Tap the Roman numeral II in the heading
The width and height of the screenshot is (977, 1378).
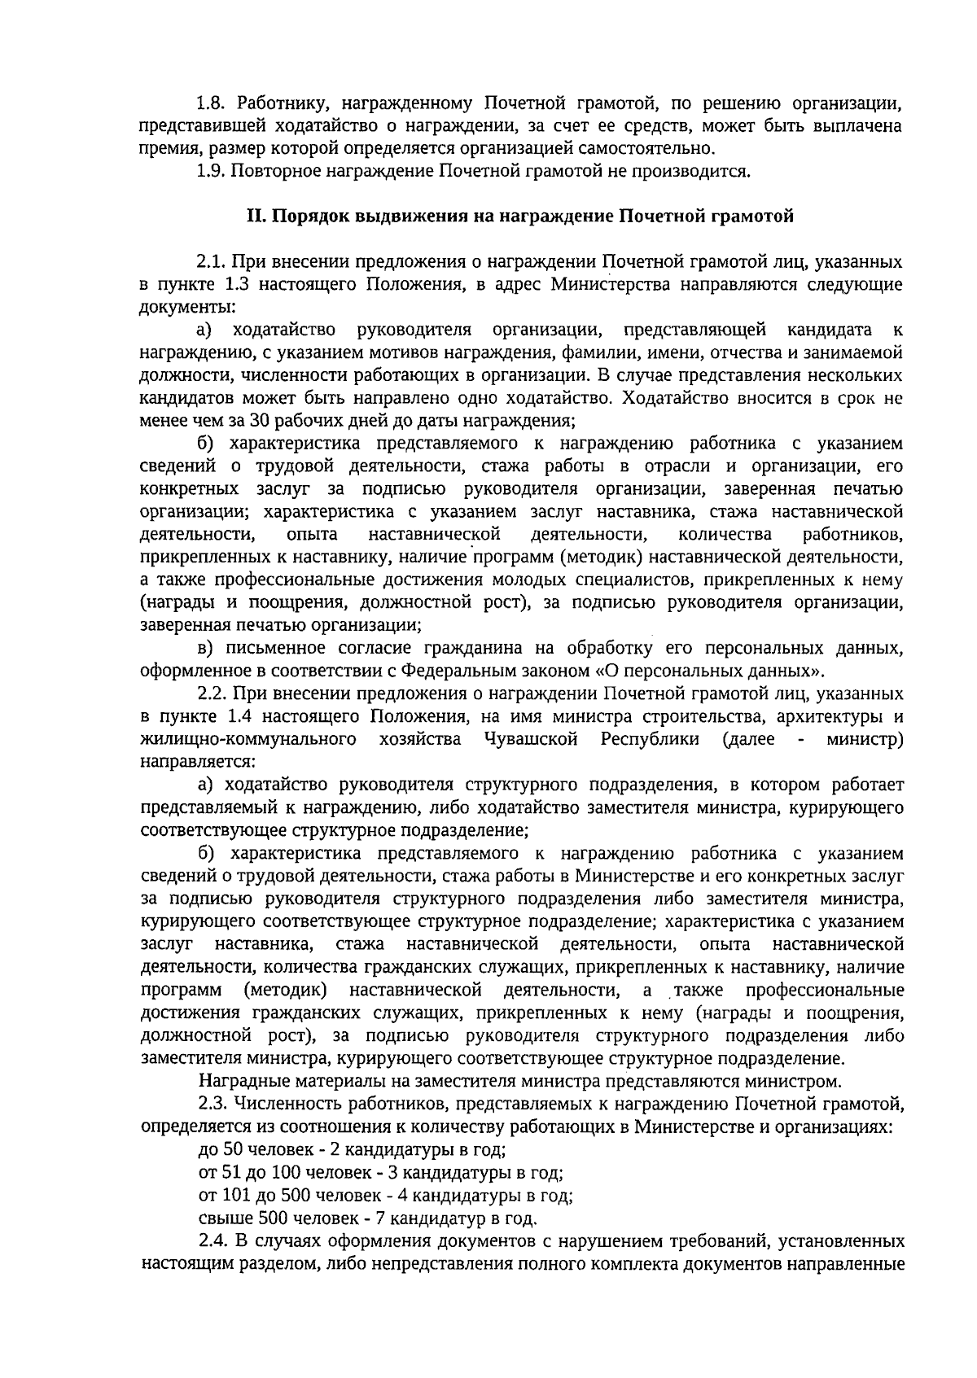[255, 217]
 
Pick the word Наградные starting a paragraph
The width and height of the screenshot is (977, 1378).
[239, 1082]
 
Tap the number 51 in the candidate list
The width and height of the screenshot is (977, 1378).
[232, 1174]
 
